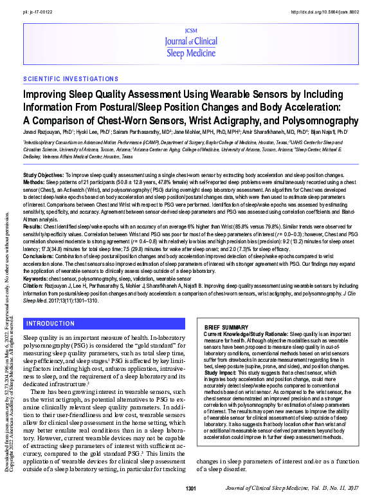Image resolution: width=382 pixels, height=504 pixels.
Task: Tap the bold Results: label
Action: (x=33, y=227)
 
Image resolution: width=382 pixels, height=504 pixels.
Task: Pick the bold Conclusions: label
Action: (x=38, y=256)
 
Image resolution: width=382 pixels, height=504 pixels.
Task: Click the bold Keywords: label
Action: (x=35, y=278)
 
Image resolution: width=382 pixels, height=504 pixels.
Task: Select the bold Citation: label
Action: (x=33, y=285)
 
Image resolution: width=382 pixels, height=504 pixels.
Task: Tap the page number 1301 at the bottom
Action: (x=191, y=490)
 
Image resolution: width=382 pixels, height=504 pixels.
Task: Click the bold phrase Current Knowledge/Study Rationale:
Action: (x=246, y=335)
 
